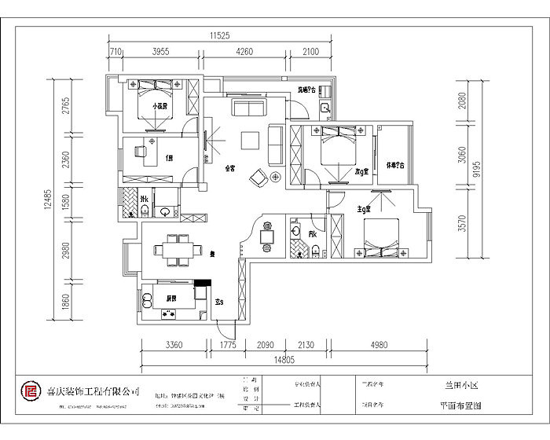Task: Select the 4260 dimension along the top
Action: tap(245, 52)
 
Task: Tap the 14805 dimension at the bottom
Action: tap(285, 361)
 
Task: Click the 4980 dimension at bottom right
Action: tap(379, 344)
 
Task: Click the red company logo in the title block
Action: tap(31, 390)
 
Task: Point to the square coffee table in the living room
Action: tap(251, 140)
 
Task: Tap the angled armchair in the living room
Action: tap(258, 178)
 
